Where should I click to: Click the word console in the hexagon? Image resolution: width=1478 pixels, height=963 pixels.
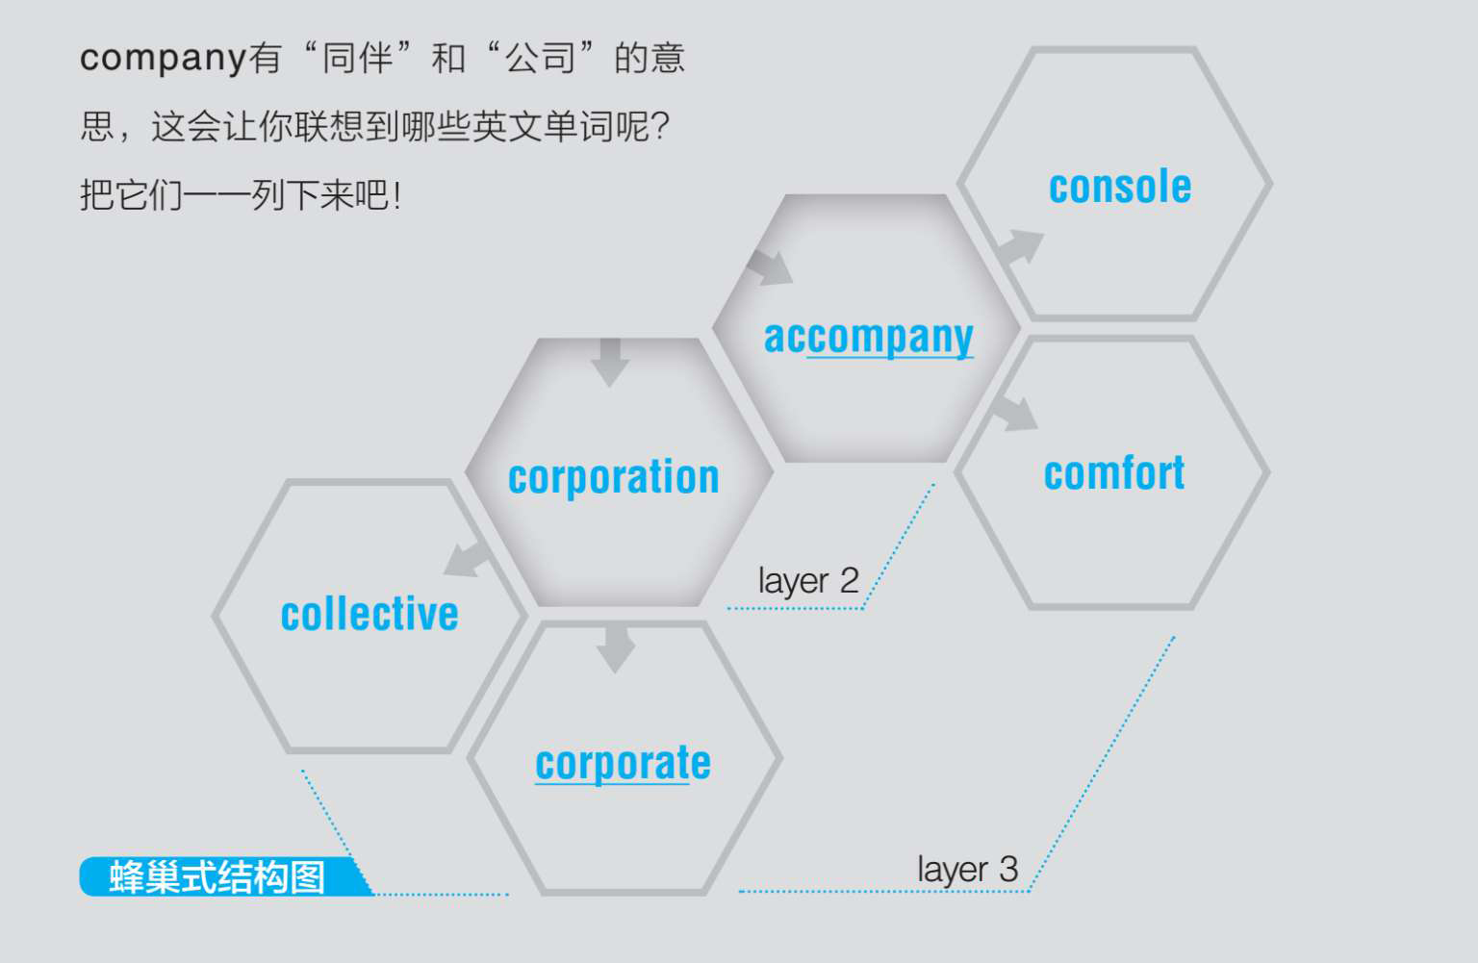[1120, 187]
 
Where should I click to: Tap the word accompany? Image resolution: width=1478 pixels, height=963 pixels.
[868, 337]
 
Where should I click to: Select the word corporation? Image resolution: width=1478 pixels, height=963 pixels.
[614, 477]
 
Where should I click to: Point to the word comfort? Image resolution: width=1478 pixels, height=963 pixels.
[1114, 473]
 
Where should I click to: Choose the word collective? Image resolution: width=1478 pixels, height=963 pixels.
[369, 615]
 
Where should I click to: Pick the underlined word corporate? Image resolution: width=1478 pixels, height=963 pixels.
[623, 764]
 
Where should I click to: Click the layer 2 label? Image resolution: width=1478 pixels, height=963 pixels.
[807, 581]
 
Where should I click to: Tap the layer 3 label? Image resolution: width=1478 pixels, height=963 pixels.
[967, 870]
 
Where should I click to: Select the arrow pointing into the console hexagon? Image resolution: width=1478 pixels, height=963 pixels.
[1020, 247]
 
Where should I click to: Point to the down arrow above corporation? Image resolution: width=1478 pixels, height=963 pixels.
[610, 362]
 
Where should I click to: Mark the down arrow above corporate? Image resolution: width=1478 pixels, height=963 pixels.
[616, 648]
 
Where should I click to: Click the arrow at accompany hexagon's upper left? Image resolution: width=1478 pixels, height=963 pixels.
[770, 267]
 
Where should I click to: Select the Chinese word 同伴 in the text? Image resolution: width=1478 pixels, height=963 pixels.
[357, 58]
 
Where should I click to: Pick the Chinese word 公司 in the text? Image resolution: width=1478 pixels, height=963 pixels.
[541, 58]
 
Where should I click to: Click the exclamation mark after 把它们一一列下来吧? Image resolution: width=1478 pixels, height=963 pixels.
[396, 196]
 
